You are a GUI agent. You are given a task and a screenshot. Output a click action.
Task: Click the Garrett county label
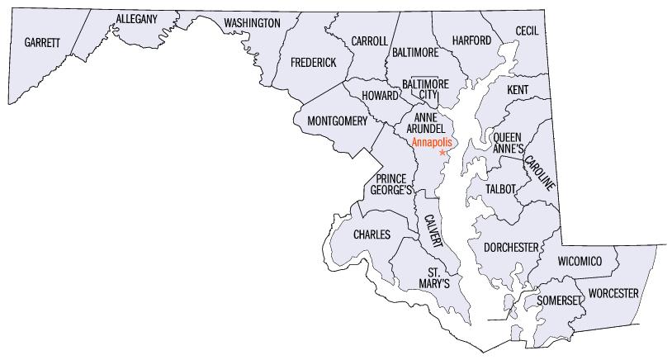point(43,42)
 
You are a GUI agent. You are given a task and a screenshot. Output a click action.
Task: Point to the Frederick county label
point(314,62)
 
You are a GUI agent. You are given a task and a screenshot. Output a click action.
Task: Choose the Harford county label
point(472,40)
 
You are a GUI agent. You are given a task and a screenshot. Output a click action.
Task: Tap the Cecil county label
point(526,31)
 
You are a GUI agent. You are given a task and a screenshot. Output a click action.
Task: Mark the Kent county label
point(518,88)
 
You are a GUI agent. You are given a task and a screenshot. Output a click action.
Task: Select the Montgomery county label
point(337,121)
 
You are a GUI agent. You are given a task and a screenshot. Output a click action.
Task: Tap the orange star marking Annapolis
point(443,153)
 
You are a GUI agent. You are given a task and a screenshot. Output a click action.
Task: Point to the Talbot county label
point(500,189)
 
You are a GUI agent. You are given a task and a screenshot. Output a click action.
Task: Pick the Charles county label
point(371,235)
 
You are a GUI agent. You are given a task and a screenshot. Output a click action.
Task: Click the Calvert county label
point(433,232)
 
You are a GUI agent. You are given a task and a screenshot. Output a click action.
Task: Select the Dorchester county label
point(511,247)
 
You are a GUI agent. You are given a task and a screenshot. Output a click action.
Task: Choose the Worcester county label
point(613,293)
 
